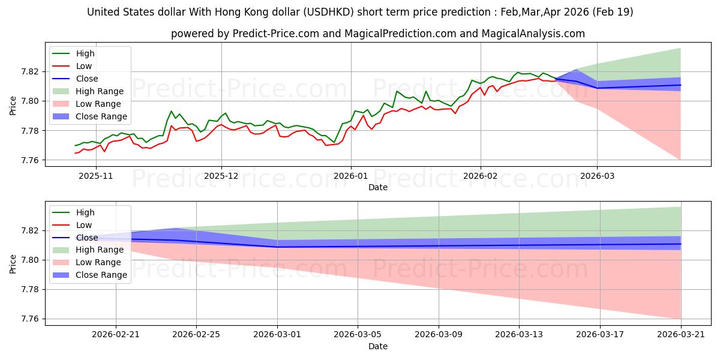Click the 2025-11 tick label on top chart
[96, 176]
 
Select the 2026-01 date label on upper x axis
[351, 176]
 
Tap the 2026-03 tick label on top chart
[597, 176]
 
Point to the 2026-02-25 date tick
[196, 335]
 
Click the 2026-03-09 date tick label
[439, 335]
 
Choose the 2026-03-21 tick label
[681, 335]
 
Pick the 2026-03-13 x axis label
[519, 335]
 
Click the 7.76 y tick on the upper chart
[30, 160]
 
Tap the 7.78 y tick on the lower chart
[30, 290]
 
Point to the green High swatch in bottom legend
[61, 212]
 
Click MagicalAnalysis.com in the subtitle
[533, 34]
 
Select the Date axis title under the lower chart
[377, 346]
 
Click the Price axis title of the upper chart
[13, 106]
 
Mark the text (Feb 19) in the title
[613, 12]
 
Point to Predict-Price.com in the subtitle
[276, 34]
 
